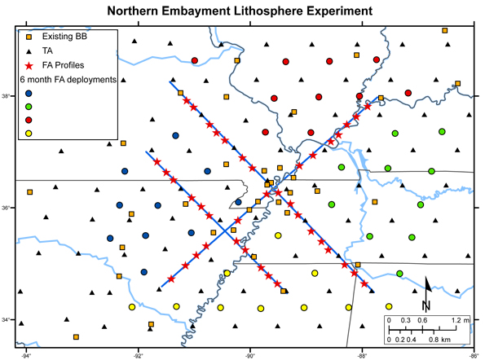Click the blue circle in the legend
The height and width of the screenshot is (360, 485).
click(x=29, y=93)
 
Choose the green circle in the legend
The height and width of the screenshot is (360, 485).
click(x=29, y=107)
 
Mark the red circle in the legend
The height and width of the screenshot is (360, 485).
click(x=29, y=120)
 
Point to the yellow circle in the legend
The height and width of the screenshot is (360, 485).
click(x=29, y=134)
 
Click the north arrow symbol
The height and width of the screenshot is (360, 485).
click(x=426, y=294)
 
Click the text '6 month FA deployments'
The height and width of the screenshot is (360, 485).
click(x=70, y=79)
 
